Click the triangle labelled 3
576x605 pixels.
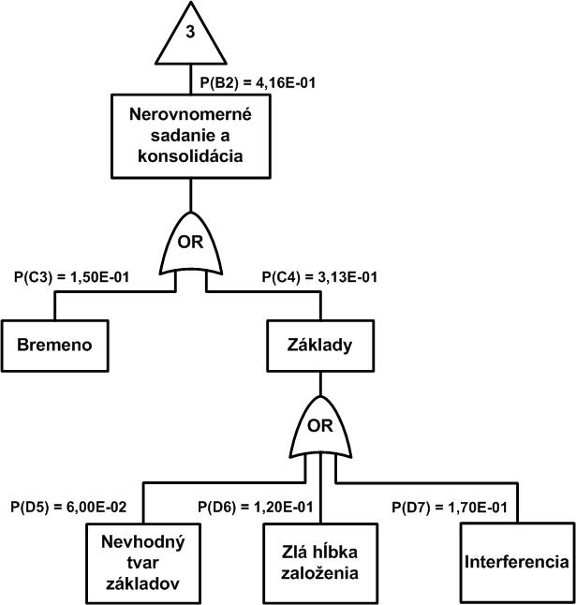point(190,37)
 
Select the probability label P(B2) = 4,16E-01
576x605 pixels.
point(258,82)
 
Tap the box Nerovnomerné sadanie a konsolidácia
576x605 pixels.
point(191,136)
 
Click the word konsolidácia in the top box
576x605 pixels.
point(191,156)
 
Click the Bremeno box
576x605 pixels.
point(53,344)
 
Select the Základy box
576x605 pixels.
point(320,344)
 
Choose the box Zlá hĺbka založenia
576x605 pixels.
point(320,562)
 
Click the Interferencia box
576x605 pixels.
point(515,562)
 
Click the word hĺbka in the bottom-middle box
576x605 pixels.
point(343,553)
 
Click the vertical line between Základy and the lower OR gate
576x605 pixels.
point(320,381)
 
